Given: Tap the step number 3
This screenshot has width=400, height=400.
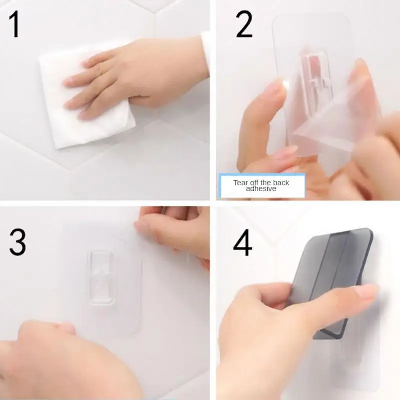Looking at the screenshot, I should point(18,243).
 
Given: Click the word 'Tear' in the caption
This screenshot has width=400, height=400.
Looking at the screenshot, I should point(241,182).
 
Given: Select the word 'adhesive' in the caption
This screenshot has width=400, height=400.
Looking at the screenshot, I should point(261,189).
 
